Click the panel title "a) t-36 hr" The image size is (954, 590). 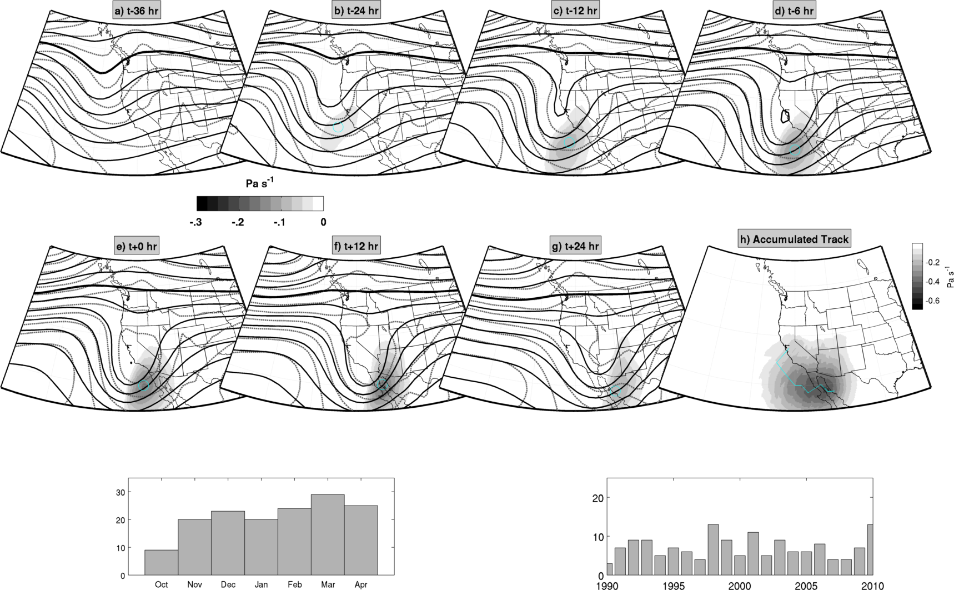(x=137, y=11)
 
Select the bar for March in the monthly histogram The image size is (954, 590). (x=328, y=534)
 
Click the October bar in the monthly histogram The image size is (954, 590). (x=161, y=562)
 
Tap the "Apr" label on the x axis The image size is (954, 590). (x=361, y=584)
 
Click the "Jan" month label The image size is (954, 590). (x=261, y=584)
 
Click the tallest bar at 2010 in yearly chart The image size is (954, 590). (x=870, y=549)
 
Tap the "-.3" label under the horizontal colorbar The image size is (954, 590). (x=195, y=222)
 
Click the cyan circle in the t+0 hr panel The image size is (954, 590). (x=144, y=385)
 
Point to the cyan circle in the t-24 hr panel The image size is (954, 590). (x=338, y=127)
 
